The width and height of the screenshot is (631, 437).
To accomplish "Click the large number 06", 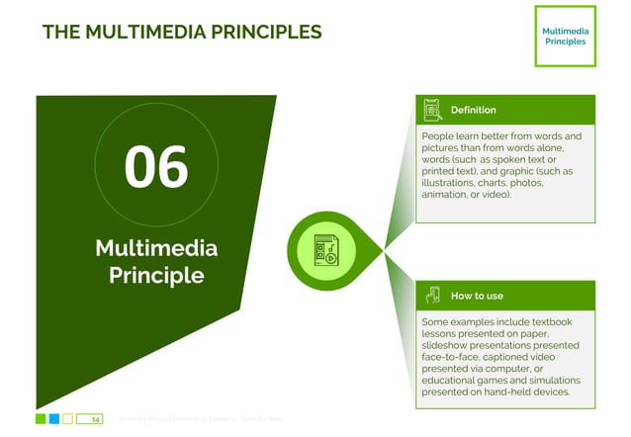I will click(155, 167).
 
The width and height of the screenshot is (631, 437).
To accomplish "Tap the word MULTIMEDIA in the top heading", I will click(135, 32).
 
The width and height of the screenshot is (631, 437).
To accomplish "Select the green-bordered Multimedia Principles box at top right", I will click(564, 37).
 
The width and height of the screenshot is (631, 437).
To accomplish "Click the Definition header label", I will click(473, 110).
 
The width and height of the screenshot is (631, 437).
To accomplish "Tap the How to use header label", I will click(477, 296).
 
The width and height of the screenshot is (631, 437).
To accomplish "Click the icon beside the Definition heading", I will click(432, 110).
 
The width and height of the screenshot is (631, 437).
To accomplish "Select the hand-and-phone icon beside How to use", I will click(432, 296).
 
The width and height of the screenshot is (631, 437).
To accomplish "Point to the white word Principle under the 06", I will click(156, 275).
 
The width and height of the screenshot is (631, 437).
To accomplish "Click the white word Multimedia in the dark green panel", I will click(156, 247).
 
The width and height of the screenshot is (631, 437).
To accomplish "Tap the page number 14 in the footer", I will click(96, 419).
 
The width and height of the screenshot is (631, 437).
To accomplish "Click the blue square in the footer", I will click(54, 419).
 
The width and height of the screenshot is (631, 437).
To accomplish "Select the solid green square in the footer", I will click(41, 419).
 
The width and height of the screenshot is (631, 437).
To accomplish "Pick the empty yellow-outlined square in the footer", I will click(68, 419).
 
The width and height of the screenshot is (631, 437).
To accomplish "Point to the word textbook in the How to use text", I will click(554, 322).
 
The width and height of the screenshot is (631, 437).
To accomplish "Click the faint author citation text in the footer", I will click(198, 419).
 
